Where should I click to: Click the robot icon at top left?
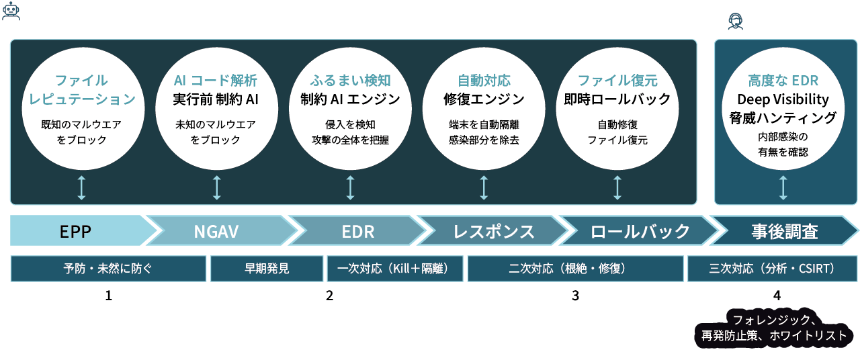point(11,11)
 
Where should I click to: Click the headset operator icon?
point(736,22)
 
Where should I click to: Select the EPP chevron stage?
point(75,232)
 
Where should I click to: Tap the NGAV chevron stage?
point(217,232)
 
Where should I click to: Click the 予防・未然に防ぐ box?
point(108,269)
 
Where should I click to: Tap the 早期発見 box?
point(267,269)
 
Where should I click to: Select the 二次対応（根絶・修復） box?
point(574,269)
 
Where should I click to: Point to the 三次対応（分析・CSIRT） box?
point(771,269)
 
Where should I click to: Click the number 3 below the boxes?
point(575,296)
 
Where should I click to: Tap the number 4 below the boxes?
point(777,296)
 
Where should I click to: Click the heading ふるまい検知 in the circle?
point(350,81)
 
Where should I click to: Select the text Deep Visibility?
point(783,99)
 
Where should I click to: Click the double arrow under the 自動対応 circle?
point(484,188)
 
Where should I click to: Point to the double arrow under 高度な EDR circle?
point(783,188)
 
